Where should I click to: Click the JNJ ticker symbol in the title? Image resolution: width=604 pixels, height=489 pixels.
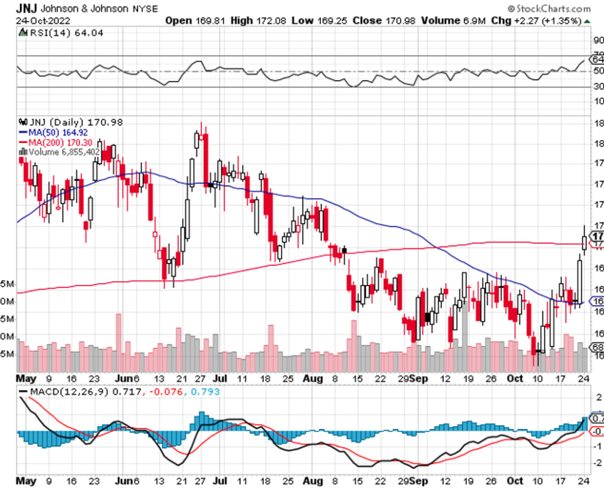pos(29,7)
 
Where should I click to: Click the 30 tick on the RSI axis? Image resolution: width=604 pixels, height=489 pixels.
pos(596,87)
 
